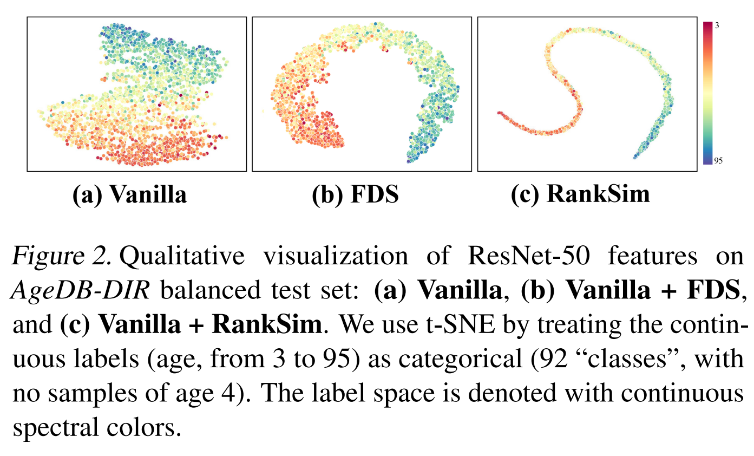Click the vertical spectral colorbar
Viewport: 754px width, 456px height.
(x=707, y=92)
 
